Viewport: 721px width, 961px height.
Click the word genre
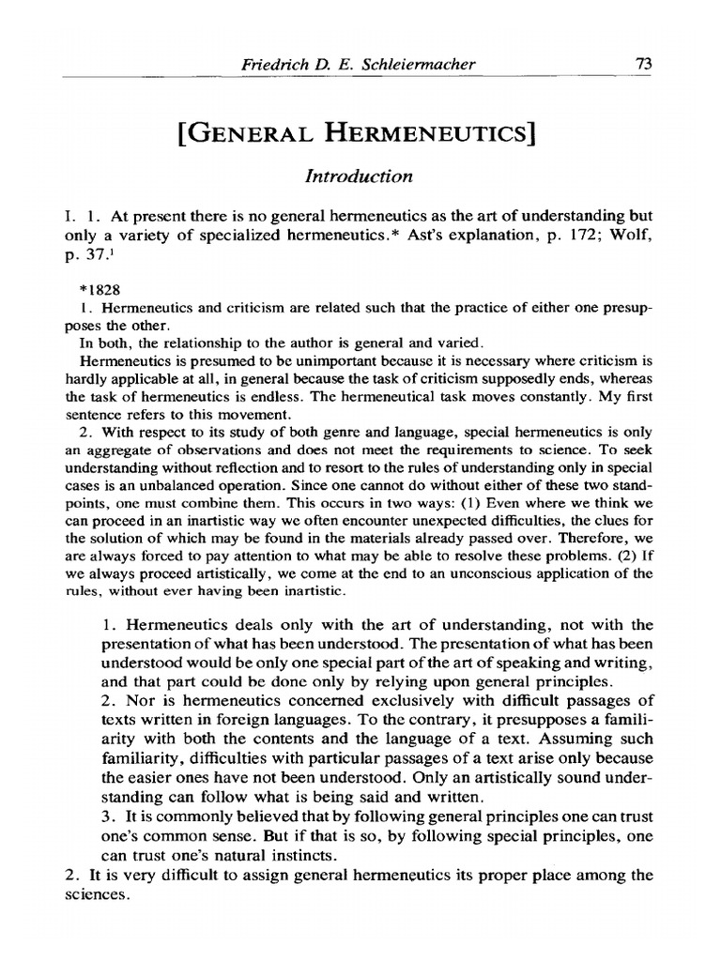tap(280, 432)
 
